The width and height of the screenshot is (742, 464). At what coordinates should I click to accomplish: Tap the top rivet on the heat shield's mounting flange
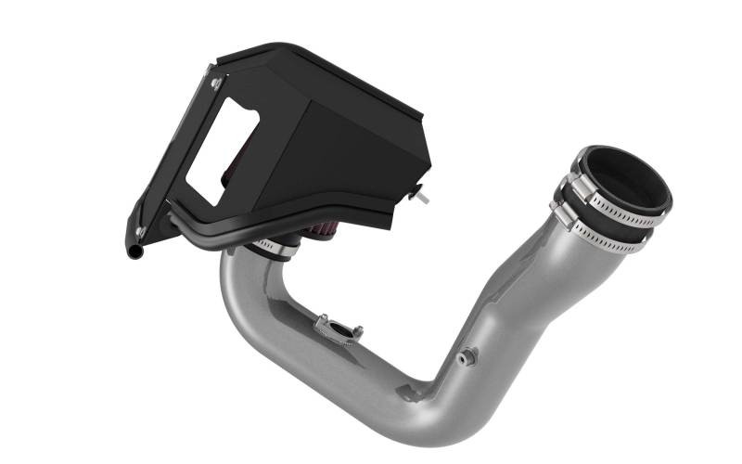pyautogui.click(x=215, y=84)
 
